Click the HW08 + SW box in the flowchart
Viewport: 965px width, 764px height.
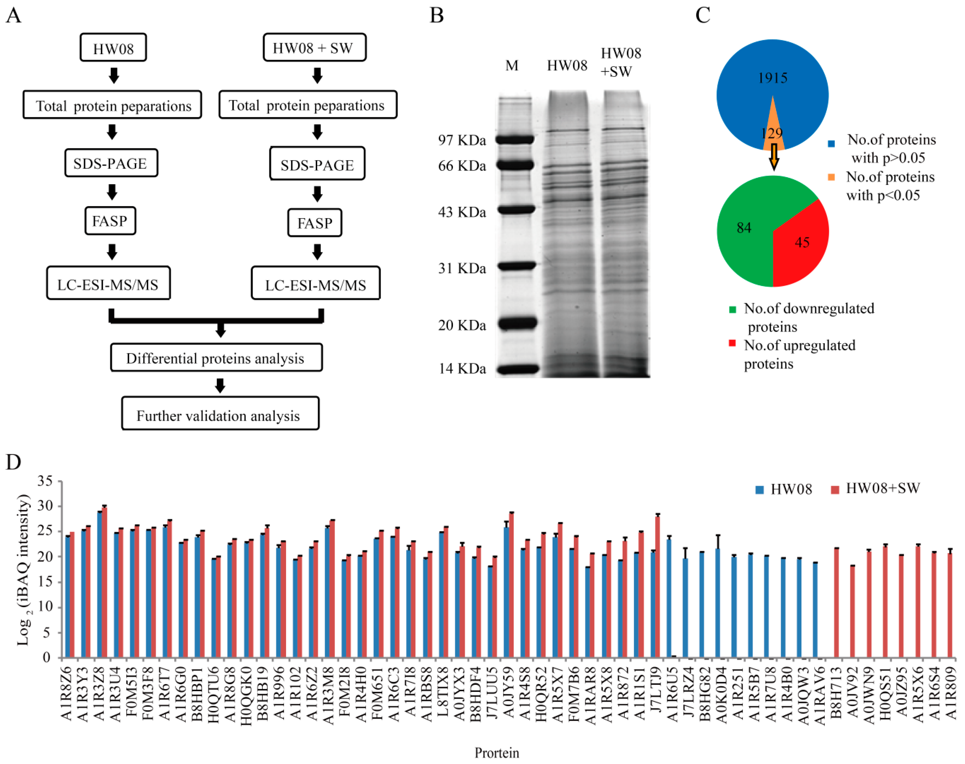coord(314,47)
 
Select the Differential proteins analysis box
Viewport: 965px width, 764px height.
coord(216,358)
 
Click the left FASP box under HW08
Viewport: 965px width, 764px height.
coord(110,221)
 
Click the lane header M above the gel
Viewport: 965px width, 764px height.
coord(512,66)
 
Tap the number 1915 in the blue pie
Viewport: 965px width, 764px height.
coord(772,78)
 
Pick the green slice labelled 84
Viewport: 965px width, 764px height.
coord(744,228)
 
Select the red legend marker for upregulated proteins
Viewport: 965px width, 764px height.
coord(732,343)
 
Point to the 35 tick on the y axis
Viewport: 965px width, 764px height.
coord(45,481)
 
